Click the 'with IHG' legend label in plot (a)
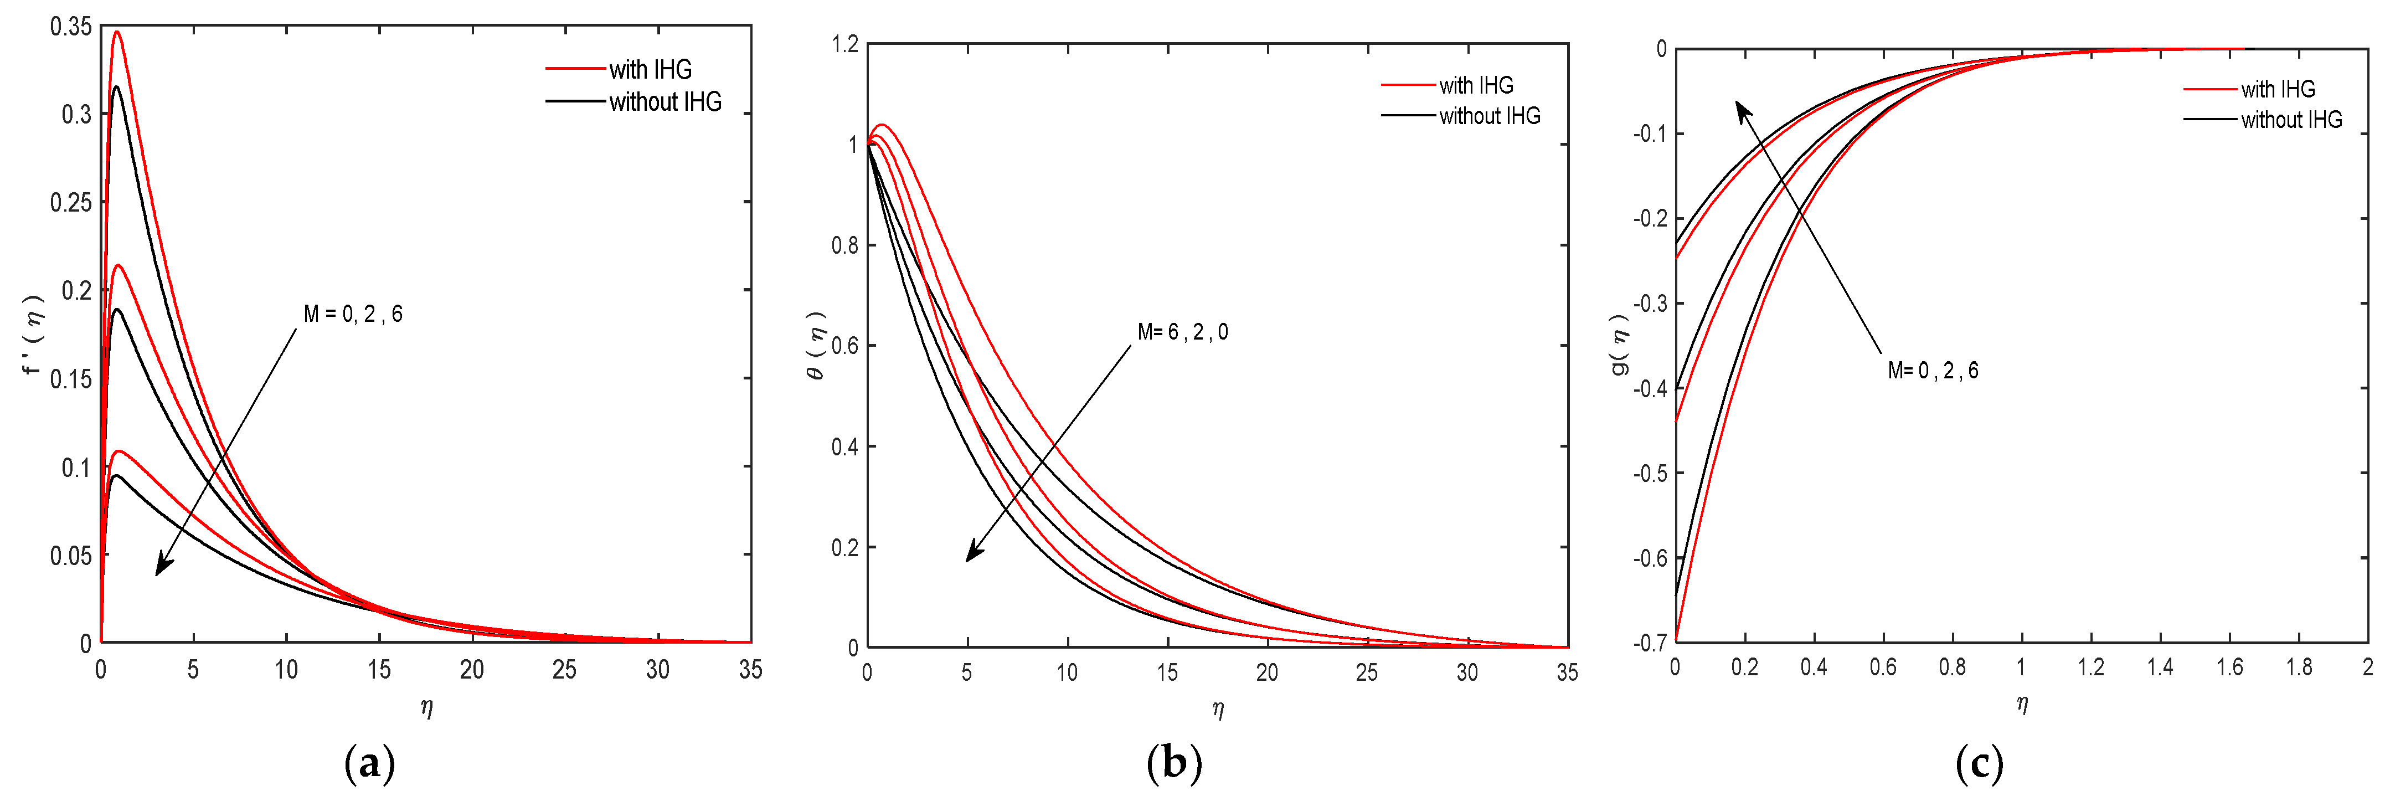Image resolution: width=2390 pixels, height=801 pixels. coord(651,70)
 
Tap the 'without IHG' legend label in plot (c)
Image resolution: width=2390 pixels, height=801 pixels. coord(2291,120)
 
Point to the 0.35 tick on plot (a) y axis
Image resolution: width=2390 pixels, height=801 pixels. coord(71,27)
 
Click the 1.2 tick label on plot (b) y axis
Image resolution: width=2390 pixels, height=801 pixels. coord(844,44)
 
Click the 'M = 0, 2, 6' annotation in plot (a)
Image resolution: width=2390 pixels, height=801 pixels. coord(353,315)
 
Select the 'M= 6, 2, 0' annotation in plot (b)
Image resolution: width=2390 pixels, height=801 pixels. coord(1182,332)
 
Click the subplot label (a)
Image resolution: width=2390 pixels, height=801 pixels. coord(369,764)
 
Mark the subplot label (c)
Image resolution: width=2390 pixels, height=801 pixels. coord(1979,764)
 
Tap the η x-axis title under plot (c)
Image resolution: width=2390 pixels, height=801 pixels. coord(2022,705)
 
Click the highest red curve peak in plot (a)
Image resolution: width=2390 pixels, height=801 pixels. coord(117,33)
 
